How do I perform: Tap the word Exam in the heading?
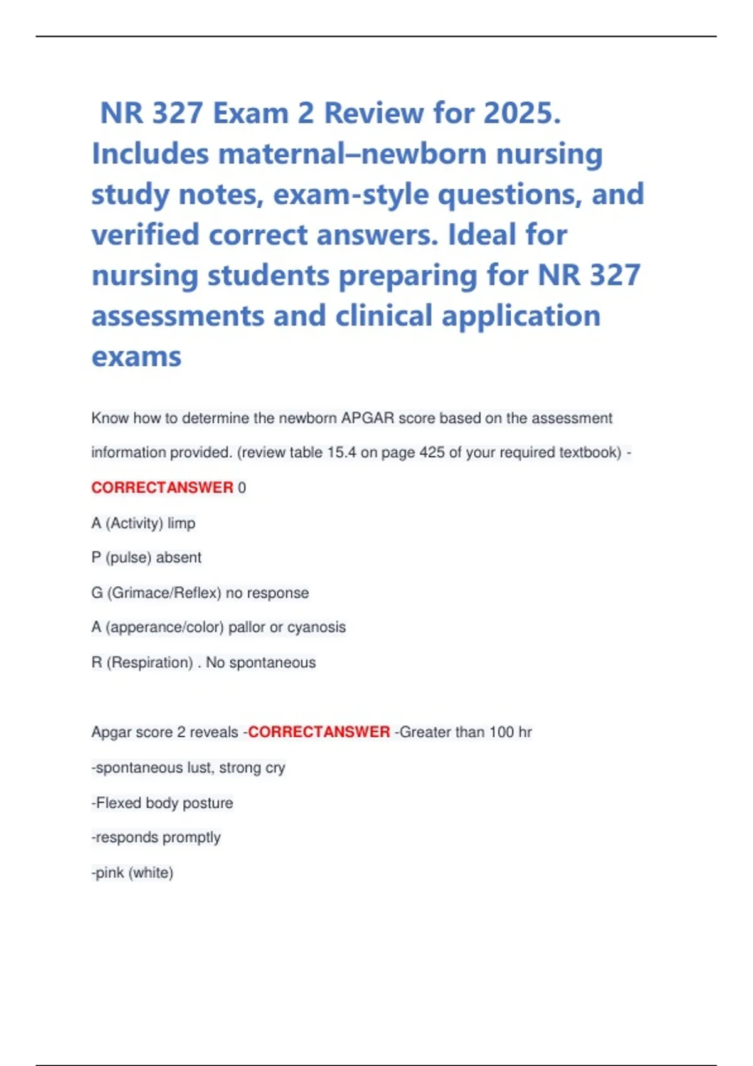tap(250, 113)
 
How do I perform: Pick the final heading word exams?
tap(136, 357)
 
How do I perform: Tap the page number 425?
tap(432, 452)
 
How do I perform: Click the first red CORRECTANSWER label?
tap(162, 487)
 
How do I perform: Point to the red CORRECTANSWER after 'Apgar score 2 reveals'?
tap(319, 732)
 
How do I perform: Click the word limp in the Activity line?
tap(181, 523)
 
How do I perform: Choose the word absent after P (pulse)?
tap(178, 557)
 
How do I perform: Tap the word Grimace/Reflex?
tap(166, 593)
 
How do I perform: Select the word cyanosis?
tap(316, 627)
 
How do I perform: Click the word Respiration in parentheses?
tap(150, 662)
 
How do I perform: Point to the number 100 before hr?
tap(501, 732)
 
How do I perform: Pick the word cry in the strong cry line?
tap(275, 768)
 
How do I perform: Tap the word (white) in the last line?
tap(151, 872)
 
